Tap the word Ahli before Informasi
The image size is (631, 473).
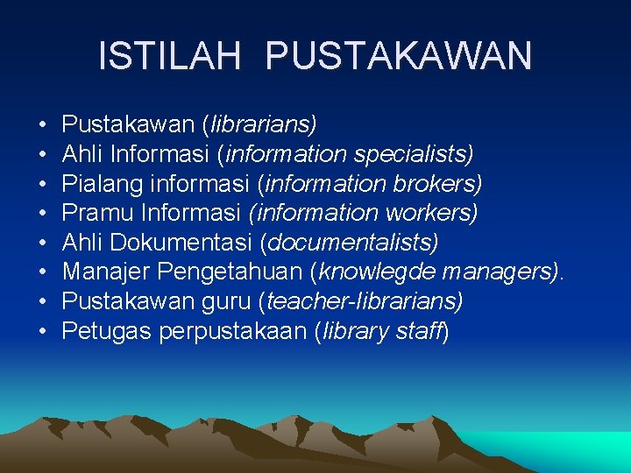click(83, 154)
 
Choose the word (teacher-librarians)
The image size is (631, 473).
click(361, 301)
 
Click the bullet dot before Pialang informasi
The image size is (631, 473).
click(43, 184)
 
